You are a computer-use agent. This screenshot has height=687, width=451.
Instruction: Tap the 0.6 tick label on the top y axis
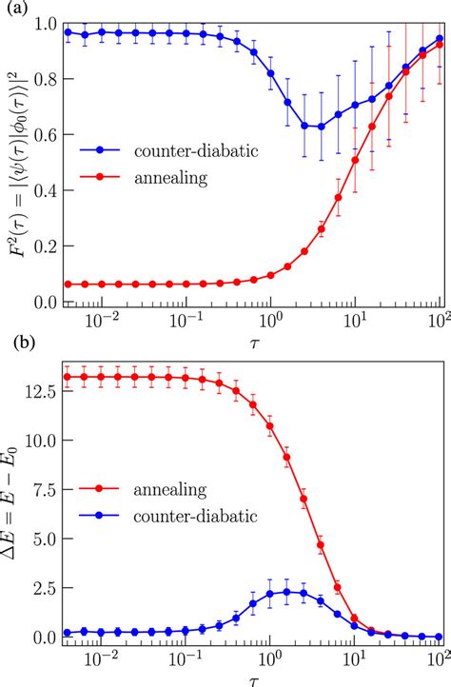[x=42, y=134]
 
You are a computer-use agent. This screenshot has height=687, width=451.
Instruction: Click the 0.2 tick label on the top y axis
[x=42, y=246]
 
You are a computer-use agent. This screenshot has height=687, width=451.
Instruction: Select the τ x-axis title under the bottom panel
[x=252, y=677]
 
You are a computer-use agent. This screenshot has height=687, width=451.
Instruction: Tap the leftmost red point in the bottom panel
[x=66, y=377]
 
